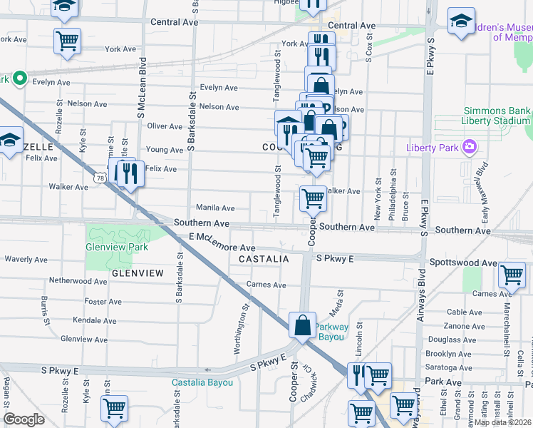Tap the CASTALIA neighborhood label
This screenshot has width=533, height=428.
coord(264,259)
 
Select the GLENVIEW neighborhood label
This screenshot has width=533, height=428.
coord(138,273)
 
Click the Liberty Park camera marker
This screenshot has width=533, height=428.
coord(469,148)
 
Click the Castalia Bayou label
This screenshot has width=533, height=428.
coord(202,383)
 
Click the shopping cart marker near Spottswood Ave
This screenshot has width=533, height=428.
coord(512,274)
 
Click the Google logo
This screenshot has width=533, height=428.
coord(24,419)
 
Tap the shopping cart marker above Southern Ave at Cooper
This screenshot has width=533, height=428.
coord(313,199)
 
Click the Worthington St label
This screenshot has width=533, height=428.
coord(240,329)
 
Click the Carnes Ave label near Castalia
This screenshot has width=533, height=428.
coord(266,285)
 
